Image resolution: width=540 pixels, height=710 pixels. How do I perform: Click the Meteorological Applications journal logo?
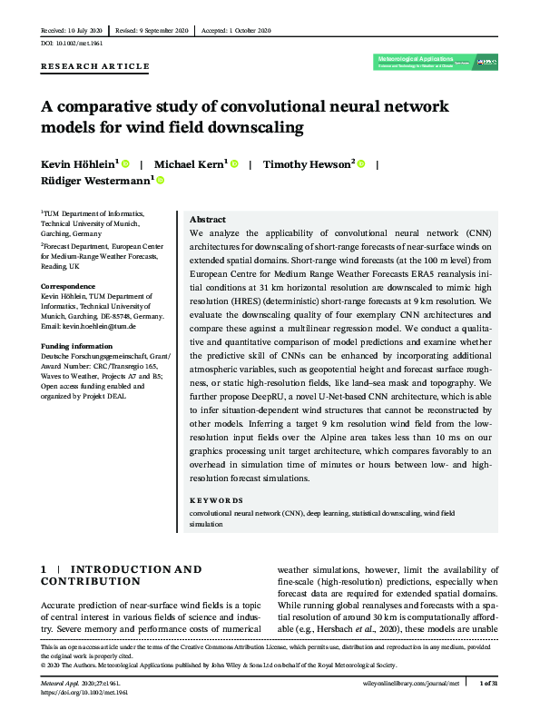[x=436, y=63]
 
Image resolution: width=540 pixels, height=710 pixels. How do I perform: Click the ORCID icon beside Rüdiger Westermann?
[x=162, y=182]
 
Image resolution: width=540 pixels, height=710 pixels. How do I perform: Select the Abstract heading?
[x=207, y=221]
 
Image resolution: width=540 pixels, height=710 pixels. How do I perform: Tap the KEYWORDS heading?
[x=216, y=500]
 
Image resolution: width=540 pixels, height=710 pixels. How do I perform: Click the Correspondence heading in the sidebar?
[x=69, y=286]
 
